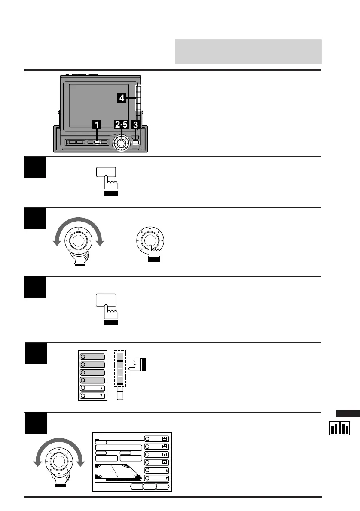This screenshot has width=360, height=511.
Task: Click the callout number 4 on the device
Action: [x=122, y=98]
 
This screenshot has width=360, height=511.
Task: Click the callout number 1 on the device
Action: [x=98, y=125]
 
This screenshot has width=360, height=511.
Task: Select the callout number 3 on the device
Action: [x=136, y=125]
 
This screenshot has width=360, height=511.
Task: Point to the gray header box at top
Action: [x=248, y=51]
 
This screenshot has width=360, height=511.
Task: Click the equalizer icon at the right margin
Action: [x=339, y=428]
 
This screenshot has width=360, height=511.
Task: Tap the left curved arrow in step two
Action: [x=56, y=240]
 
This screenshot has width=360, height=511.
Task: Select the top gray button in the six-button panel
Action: [x=91, y=356]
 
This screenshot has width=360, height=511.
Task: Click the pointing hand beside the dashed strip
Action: [x=138, y=365]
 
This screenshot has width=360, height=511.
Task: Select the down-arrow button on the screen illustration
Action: [x=157, y=478]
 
